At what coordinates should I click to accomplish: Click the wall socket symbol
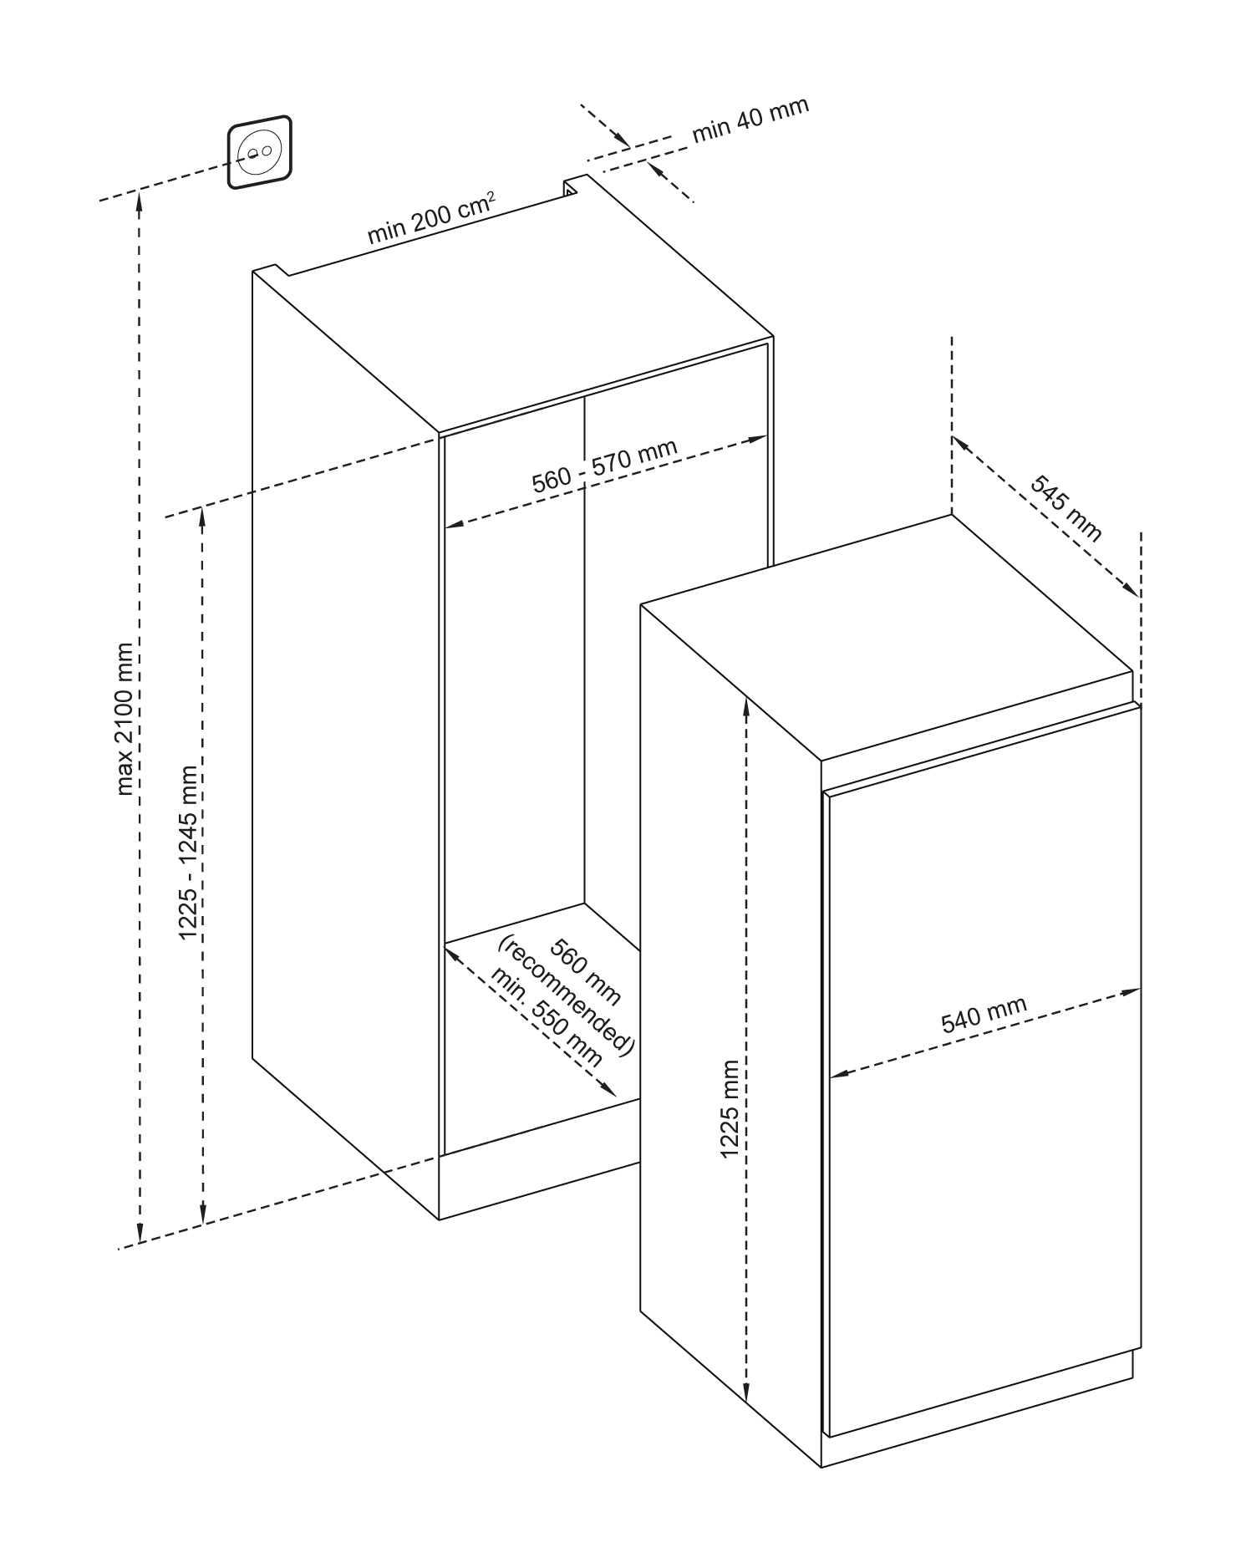coord(259,152)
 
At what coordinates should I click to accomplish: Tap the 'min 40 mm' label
coord(750,120)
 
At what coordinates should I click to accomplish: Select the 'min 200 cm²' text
coord(431,220)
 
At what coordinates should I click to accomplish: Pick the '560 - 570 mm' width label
coord(604,466)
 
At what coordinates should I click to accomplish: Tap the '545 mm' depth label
coord(1065,509)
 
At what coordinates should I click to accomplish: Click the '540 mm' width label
coord(984,1015)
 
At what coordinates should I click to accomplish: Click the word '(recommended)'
coord(567,996)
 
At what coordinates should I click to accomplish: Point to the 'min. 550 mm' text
coord(546,1016)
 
